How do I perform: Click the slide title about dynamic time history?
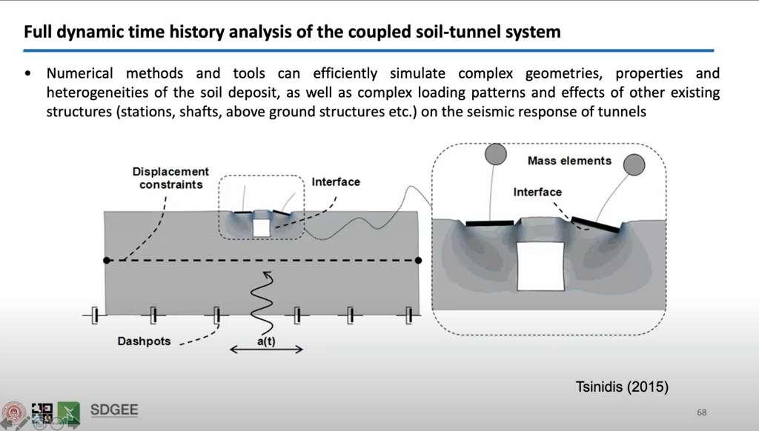pyautogui.click(x=292, y=33)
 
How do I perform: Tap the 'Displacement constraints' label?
pyautogui.click(x=170, y=178)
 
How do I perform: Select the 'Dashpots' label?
pyautogui.click(x=144, y=341)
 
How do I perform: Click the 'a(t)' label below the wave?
pyautogui.click(x=266, y=342)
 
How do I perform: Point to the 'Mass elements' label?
pyautogui.click(x=569, y=161)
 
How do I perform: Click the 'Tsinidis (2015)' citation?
pyautogui.click(x=623, y=386)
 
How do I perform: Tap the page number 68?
pyautogui.click(x=700, y=411)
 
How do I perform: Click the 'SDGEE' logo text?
pyautogui.click(x=113, y=410)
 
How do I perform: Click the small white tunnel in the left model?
pyautogui.click(x=261, y=227)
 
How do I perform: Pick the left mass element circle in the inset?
pyautogui.click(x=495, y=154)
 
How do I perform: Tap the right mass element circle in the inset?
pyautogui.click(x=634, y=164)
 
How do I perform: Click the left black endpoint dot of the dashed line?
pyautogui.click(x=107, y=261)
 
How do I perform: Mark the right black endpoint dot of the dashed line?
pyautogui.click(x=419, y=261)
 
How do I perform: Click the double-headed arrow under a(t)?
pyautogui.click(x=266, y=350)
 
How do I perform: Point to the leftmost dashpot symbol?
pyautogui.click(x=94, y=316)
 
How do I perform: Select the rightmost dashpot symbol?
pyautogui.click(x=408, y=316)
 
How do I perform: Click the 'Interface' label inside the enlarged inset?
pyautogui.click(x=537, y=193)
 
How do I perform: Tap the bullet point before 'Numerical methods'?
pyautogui.click(x=28, y=74)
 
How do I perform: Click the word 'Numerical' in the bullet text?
pyautogui.click(x=79, y=74)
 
